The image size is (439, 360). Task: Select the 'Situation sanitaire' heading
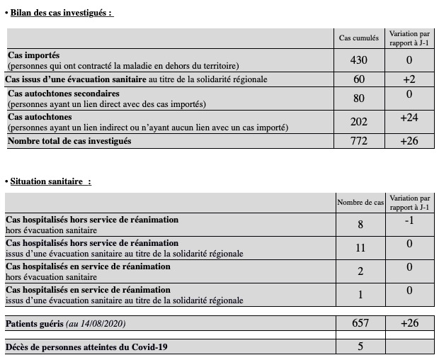tap(50, 181)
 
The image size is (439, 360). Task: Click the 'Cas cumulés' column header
tap(359, 38)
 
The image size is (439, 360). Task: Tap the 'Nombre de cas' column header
tap(360, 203)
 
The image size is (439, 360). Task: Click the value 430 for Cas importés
tap(359, 60)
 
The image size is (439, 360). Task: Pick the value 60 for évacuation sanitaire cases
tap(359, 79)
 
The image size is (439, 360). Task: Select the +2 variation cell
tap(409, 79)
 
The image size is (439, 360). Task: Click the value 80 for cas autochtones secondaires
tap(359, 98)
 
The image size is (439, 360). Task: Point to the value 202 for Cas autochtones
tap(359, 122)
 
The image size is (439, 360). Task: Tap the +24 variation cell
tap(409, 118)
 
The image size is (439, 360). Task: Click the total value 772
tap(359, 141)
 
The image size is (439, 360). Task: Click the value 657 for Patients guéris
tap(360, 323)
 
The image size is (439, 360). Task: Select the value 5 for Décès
tap(360, 347)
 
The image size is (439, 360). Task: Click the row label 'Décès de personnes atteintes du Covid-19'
tap(87, 347)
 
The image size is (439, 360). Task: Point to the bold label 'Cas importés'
tap(34, 55)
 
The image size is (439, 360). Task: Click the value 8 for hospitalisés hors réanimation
tap(360, 225)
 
